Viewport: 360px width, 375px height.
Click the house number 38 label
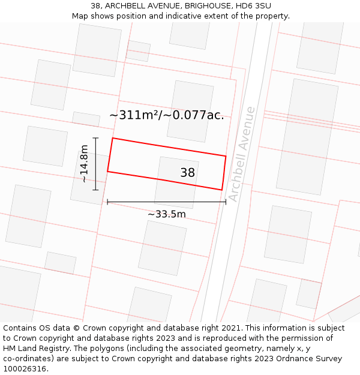[188, 173]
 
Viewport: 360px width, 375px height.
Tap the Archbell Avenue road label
[242, 154]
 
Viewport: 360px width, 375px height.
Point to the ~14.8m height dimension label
[84, 164]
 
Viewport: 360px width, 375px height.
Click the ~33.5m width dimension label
[167, 214]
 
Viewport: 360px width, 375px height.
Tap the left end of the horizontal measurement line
[107, 202]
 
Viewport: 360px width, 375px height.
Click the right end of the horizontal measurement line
[226, 202]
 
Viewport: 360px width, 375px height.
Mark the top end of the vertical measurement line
[95, 138]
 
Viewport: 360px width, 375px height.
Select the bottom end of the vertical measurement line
[95, 190]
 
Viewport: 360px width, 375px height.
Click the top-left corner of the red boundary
[113, 139]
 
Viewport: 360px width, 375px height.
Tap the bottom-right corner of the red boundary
[222, 190]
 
